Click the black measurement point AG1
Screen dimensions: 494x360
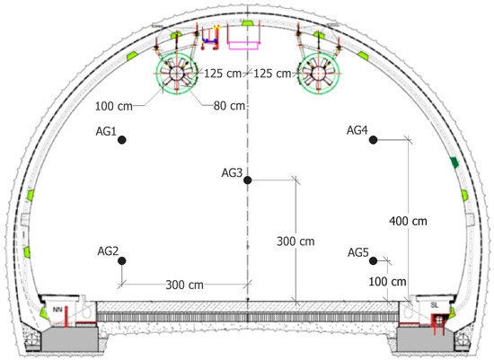tap(122, 139)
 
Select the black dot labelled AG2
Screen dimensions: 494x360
tap(122, 260)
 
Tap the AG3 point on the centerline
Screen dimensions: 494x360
tap(247, 180)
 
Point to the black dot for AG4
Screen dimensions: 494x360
tap(373, 139)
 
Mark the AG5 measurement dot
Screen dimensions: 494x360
tap(373, 260)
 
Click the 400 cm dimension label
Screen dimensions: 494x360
tap(408, 221)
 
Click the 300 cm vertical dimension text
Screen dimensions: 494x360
tap(296, 241)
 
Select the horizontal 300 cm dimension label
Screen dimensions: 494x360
tap(185, 285)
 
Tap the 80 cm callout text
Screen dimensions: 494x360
tap(229, 106)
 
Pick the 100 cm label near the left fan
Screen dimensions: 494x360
tap(114, 106)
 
